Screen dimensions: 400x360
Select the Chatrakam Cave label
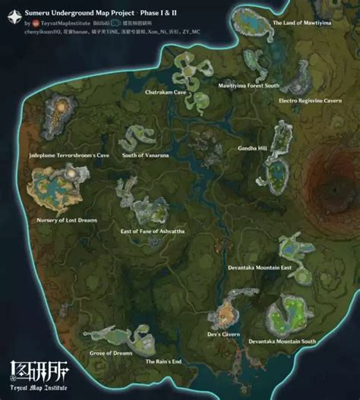[166, 91]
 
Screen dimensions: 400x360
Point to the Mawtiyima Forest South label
[249, 86]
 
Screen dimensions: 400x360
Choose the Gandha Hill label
[253, 148]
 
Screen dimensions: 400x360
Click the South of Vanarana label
[145, 155]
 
